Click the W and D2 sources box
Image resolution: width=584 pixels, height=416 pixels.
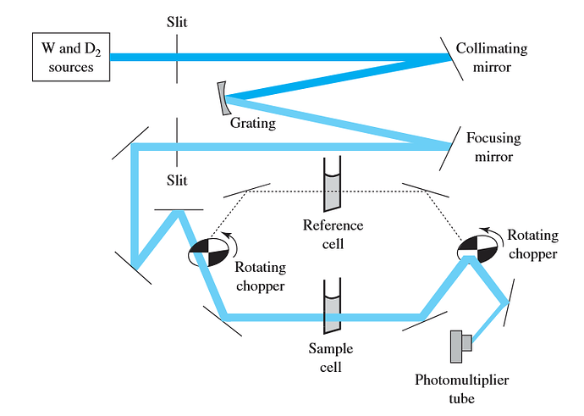[71, 57]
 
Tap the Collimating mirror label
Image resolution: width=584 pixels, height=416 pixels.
[491, 58]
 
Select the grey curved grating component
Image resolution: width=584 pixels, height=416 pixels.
[223, 97]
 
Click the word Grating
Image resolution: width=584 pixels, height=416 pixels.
[253, 123]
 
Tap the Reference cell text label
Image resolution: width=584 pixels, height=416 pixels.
[333, 235]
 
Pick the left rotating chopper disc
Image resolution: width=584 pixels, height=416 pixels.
[207, 252]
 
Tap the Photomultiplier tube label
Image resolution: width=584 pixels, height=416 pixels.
[461, 388]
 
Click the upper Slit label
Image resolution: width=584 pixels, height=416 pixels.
[178, 19]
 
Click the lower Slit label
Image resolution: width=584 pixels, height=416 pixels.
[178, 180]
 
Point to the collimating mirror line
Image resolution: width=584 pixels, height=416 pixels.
[451, 57]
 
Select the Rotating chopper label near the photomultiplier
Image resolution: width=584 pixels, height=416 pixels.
[531, 246]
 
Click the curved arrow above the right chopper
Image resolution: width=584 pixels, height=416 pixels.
[490, 230]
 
